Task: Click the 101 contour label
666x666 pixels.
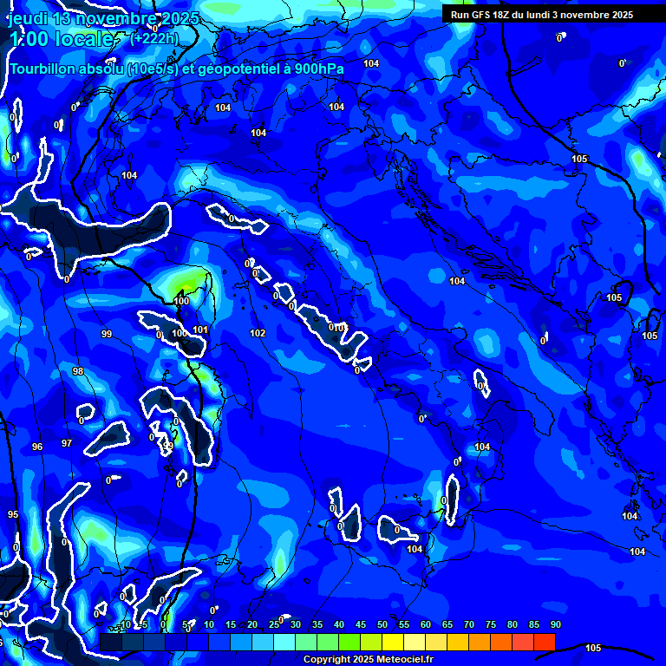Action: coord(200,330)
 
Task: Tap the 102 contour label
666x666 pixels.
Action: coord(258,333)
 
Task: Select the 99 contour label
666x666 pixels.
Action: coord(107,334)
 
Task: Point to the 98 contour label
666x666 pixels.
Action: coord(78,371)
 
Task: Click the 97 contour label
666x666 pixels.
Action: coord(67,443)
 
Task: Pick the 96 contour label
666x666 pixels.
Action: coord(37,447)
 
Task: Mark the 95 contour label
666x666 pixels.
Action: coord(13,514)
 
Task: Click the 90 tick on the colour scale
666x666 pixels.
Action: coord(555,624)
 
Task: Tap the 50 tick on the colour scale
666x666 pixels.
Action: coord(382,624)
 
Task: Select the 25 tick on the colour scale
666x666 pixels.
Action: coord(274,624)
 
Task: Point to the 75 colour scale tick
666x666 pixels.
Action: coord(491,624)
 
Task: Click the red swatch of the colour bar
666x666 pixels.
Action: coord(545,641)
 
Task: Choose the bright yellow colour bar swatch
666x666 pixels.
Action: coord(393,641)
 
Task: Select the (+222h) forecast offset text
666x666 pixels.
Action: coord(156,39)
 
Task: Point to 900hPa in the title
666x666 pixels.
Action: coord(315,69)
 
